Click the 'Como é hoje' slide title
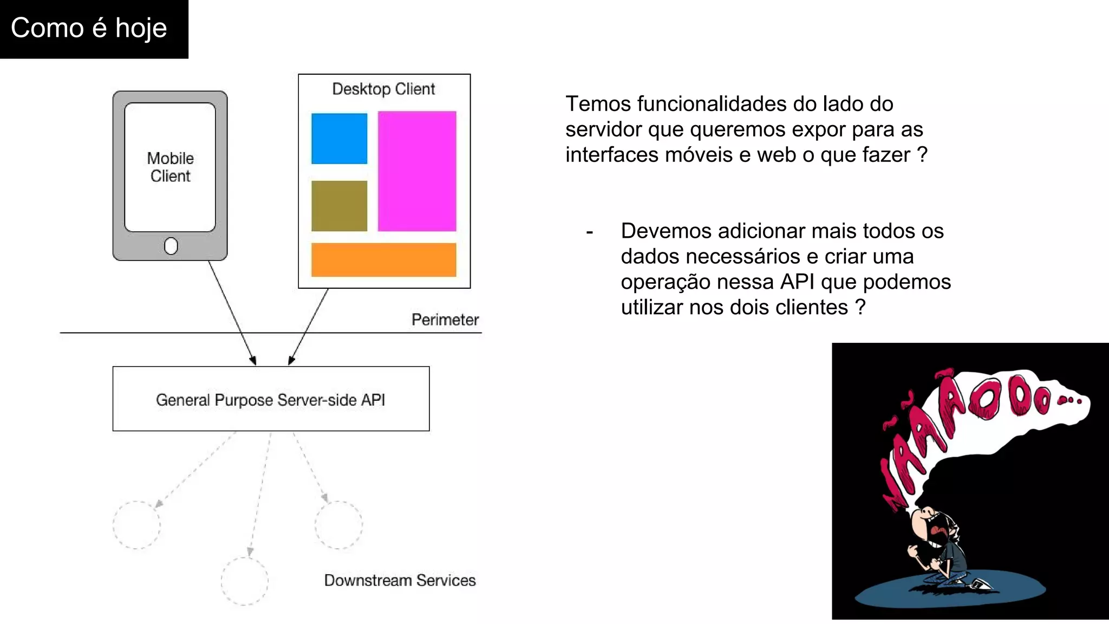[x=89, y=28]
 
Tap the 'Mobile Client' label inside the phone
[x=171, y=167]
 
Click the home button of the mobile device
[x=171, y=246]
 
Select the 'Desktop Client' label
[x=383, y=89]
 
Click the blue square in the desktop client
[x=339, y=138]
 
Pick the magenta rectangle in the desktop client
[x=417, y=171]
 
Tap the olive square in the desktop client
[x=339, y=206]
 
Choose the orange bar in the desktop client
[x=383, y=259]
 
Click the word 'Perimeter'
[x=445, y=320]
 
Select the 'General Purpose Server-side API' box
[x=271, y=399]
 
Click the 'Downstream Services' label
[x=400, y=580]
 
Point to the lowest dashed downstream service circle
[x=244, y=581]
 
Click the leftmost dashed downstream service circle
[x=136, y=525]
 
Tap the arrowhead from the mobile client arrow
[x=253, y=361]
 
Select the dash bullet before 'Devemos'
[x=590, y=232]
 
